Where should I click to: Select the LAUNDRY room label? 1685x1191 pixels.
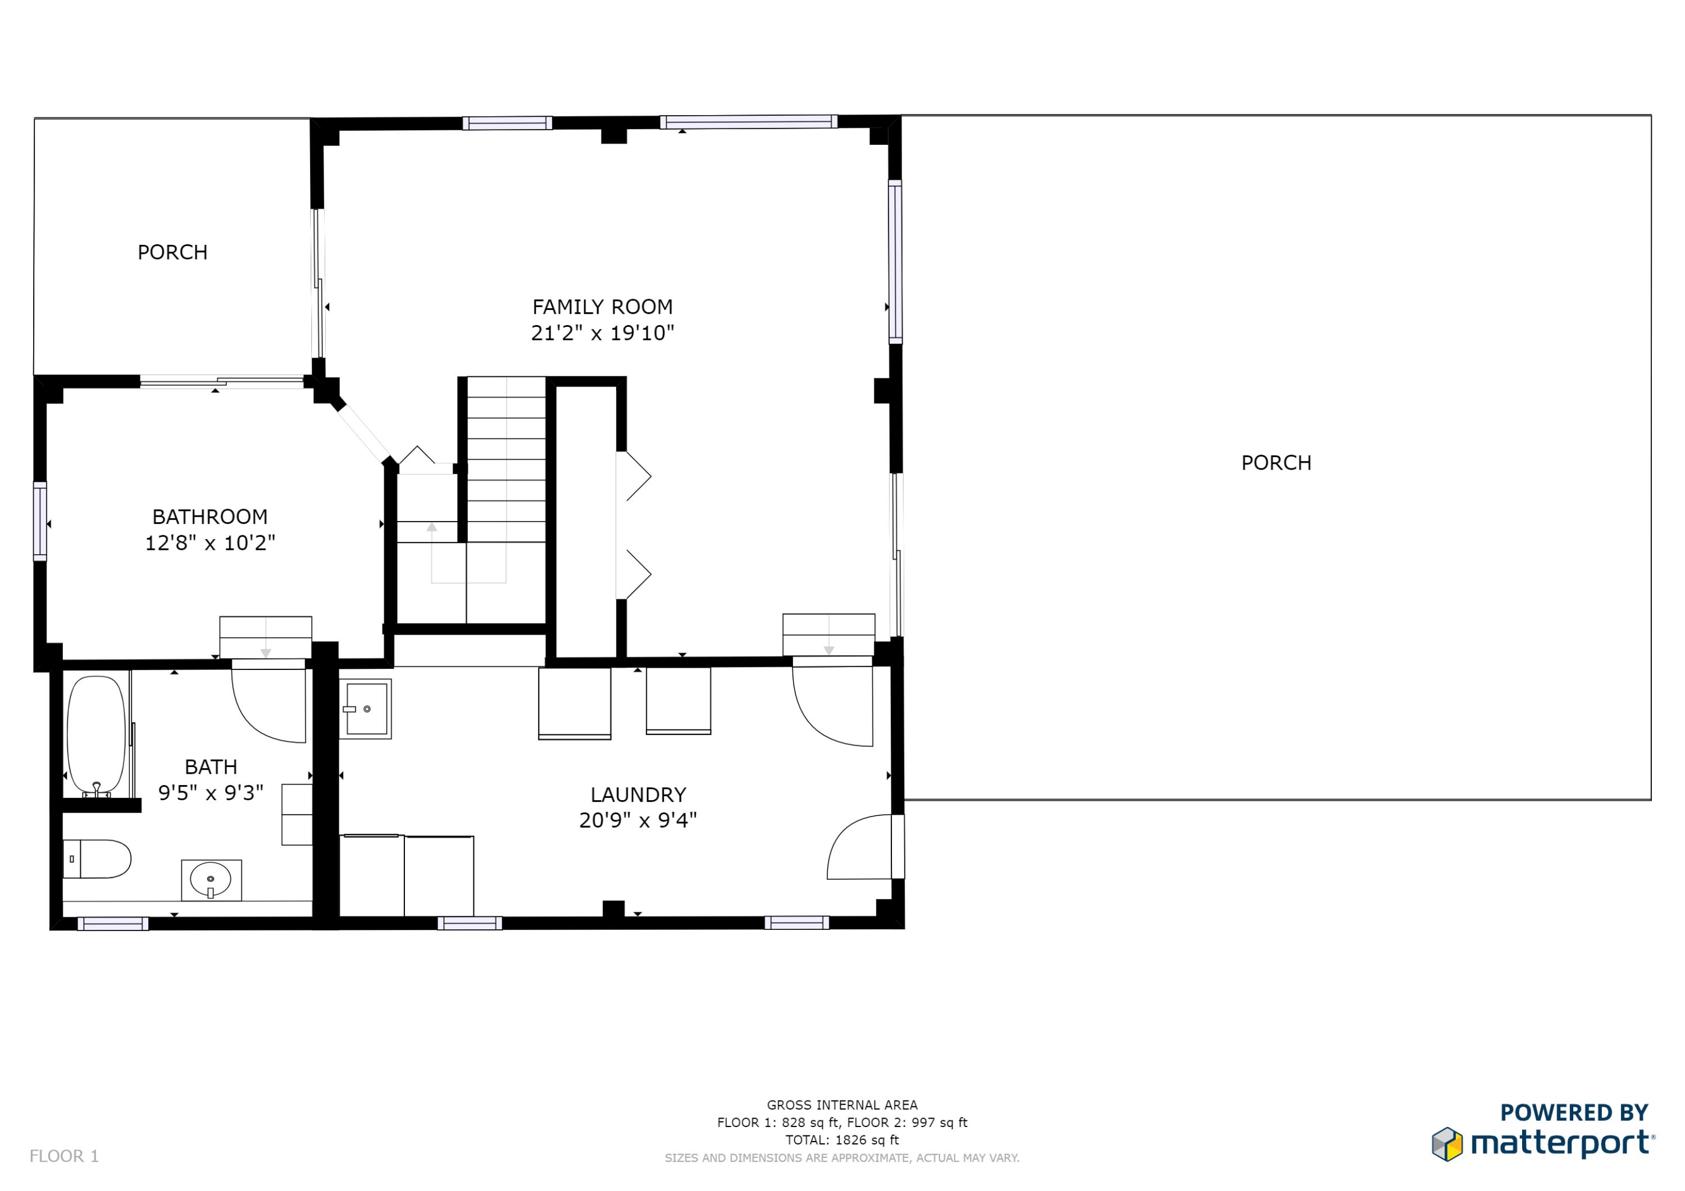[x=637, y=794]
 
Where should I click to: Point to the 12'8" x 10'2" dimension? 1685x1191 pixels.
[x=210, y=543]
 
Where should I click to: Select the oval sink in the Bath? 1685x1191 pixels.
[x=211, y=878]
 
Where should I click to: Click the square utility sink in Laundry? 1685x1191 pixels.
[x=366, y=709]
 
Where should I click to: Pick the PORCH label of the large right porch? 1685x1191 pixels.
[x=1276, y=463]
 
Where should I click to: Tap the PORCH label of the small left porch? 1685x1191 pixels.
[x=172, y=253]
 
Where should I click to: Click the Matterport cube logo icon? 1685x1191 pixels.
[x=1446, y=1144]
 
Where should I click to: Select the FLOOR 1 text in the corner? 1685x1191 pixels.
[x=64, y=1156]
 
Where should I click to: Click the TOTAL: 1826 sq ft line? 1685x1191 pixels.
[x=842, y=1140]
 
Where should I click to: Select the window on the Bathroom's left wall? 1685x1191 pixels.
[x=40, y=521]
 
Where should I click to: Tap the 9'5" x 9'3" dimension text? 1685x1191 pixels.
[x=211, y=792]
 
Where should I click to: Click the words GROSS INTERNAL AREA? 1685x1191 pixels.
[x=842, y=1105]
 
